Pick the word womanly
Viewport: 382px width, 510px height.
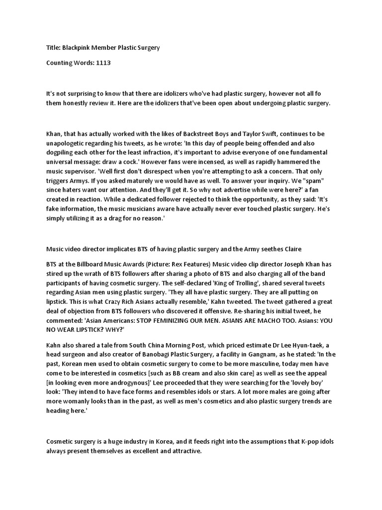tap(76, 400)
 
